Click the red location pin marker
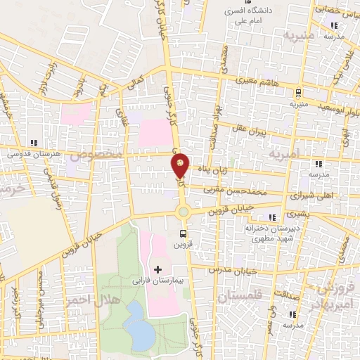(x=180, y=165)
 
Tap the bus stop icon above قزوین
(x=184, y=233)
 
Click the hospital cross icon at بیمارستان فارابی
(x=157, y=269)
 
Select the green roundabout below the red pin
(x=183, y=211)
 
